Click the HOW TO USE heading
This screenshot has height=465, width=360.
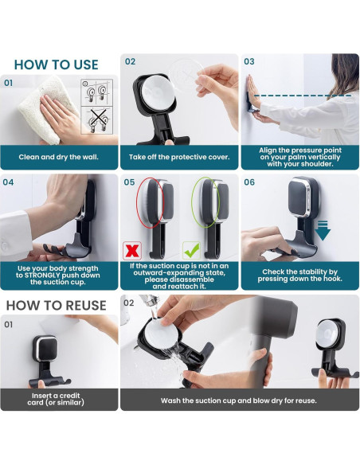coord(56,64)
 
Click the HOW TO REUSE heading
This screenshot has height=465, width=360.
coord(56,306)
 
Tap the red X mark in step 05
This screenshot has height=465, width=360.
coord(132,251)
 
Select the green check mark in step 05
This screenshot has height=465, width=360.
coord(191,251)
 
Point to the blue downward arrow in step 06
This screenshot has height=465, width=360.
coord(323,230)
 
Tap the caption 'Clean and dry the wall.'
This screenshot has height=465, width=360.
coord(58,157)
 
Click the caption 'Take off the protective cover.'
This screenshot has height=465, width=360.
coord(179,157)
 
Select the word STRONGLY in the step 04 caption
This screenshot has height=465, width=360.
coord(41,275)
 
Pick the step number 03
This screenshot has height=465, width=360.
coord(249,61)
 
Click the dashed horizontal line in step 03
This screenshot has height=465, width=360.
coord(303,96)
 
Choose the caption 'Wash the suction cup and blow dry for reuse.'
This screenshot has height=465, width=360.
coord(239,401)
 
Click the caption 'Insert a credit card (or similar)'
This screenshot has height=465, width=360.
coord(56,399)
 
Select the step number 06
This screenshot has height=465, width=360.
coord(249,182)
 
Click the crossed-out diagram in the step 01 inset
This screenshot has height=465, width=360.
coord(98,120)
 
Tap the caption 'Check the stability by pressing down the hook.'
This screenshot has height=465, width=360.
coord(299,275)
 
